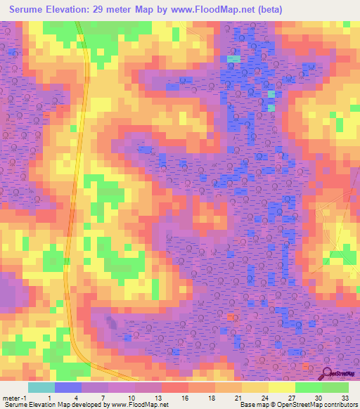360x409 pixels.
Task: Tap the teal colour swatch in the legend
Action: click(x=41, y=387)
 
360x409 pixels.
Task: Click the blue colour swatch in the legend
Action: click(x=68, y=387)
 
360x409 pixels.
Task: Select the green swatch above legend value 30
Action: click(x=308, y=387)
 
